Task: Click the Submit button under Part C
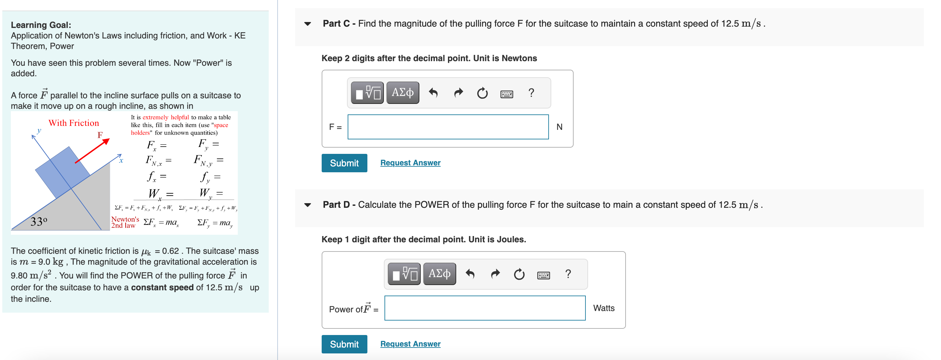[344, 163]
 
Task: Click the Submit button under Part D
[344, 344]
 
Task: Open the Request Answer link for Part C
[410, 163]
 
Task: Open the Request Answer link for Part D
[410, 344]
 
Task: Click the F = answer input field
[448, 127]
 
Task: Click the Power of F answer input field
[484, 308]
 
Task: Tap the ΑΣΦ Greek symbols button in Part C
[402, 93]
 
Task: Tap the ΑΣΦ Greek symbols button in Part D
[439, 274]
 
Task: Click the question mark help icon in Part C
[531, 93]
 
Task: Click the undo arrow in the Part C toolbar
[433, 93]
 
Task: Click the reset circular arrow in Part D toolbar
[519, 274]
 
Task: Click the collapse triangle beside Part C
[308, 24]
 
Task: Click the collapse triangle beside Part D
[308, 205]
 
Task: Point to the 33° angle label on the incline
[39, 221]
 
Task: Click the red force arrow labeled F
[92, 151]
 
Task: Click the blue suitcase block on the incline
[62, 172]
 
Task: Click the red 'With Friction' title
[74, 123]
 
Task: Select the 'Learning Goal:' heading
[41, 25]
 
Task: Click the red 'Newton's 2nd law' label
[125, 222]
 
